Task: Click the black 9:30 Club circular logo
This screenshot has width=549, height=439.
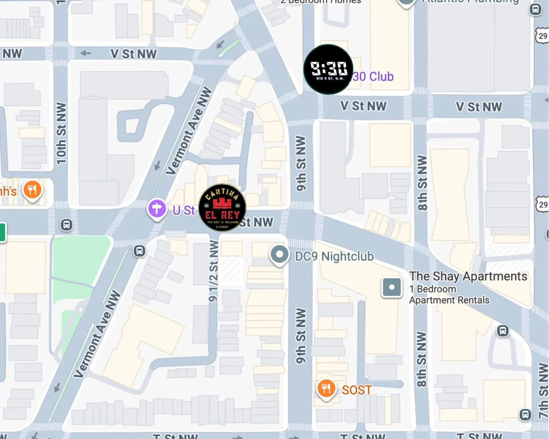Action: click(x=328, y=69)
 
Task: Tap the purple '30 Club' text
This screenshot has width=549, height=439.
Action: click(x=373, y=76)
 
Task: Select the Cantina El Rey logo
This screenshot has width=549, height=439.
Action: click(x=222, y=208)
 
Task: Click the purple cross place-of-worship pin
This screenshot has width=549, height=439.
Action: click(x=157, y=209)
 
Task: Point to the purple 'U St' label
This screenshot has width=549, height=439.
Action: click(x=184, y=210)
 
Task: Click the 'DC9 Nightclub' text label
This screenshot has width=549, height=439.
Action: click(x=334, y=256)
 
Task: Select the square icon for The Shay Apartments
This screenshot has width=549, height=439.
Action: click(x=392, y=287)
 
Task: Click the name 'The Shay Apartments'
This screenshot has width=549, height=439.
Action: click(x=468, y=276)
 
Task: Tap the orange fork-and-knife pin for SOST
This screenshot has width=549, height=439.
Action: click(x=326, y=389)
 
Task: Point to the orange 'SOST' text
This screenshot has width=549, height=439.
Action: click(x=357, y=390)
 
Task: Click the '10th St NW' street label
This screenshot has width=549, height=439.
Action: click(x=61, y=133)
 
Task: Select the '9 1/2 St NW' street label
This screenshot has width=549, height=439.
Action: click(x=213, y=271)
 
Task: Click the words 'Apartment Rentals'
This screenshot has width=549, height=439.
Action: click(x=449, y=300)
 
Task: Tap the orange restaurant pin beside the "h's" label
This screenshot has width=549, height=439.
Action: click(x=32, y=190)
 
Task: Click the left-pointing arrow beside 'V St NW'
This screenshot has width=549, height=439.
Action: click(x=86, y=53)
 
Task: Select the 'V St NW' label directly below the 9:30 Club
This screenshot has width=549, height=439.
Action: click(x=363, y=106)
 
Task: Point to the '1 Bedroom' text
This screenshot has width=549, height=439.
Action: click(x=433, y=289)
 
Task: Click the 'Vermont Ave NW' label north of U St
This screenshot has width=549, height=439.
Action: click(x=189, y=131)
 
